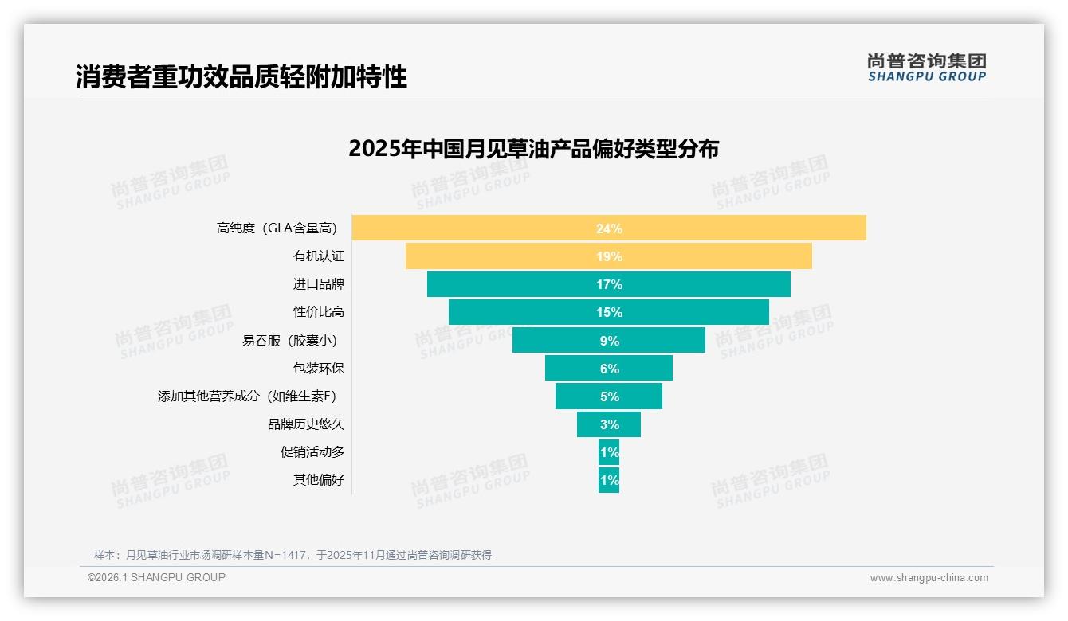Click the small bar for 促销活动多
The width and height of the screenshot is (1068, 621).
609,452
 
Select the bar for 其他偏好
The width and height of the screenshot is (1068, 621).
609,480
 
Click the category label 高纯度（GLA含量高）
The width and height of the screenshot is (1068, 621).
277,228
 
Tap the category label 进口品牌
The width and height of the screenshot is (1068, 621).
319,284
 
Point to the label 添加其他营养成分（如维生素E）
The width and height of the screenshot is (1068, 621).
251,396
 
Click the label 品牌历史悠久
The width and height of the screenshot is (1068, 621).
306,424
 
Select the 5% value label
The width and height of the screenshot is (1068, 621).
610,396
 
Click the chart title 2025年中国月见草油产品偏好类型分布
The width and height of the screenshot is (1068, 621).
533,149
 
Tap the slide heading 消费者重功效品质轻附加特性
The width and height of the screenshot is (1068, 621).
241,76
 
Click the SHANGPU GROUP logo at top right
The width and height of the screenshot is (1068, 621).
926,68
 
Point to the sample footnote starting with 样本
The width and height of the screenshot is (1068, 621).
293,555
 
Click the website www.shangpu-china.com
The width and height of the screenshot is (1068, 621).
929,578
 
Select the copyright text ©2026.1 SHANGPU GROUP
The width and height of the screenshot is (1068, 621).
156,577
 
